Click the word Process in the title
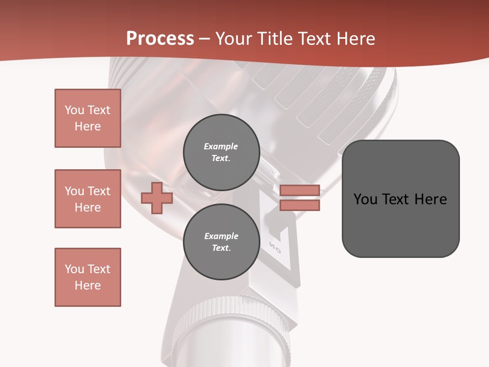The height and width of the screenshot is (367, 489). tap(160, 39)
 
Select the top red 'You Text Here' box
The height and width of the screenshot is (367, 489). tap(88, 118)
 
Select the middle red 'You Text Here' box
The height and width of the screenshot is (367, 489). tap(88, 199)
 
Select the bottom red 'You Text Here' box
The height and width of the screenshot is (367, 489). tap(88, 277)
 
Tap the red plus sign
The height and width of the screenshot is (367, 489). tap(157, 198)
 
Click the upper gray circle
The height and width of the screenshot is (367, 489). tap(221, 152)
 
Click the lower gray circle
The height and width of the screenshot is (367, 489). tap(221, 242)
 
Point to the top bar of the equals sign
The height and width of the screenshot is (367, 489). tap(300, 190)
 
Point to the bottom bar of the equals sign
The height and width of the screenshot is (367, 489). tap(300, 205)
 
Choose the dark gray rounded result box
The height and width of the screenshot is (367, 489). tap(400, 199)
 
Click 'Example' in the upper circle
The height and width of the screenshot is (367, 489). tap(221, 146)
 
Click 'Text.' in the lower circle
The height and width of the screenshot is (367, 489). tap(221, 248)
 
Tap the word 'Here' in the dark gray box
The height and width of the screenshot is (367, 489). tap(431, 199)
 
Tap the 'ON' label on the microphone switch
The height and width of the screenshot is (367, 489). tap(276, 248)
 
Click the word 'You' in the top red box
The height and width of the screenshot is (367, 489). tap(74, 110)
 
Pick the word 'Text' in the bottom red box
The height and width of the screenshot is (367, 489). tap(99, 269)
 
